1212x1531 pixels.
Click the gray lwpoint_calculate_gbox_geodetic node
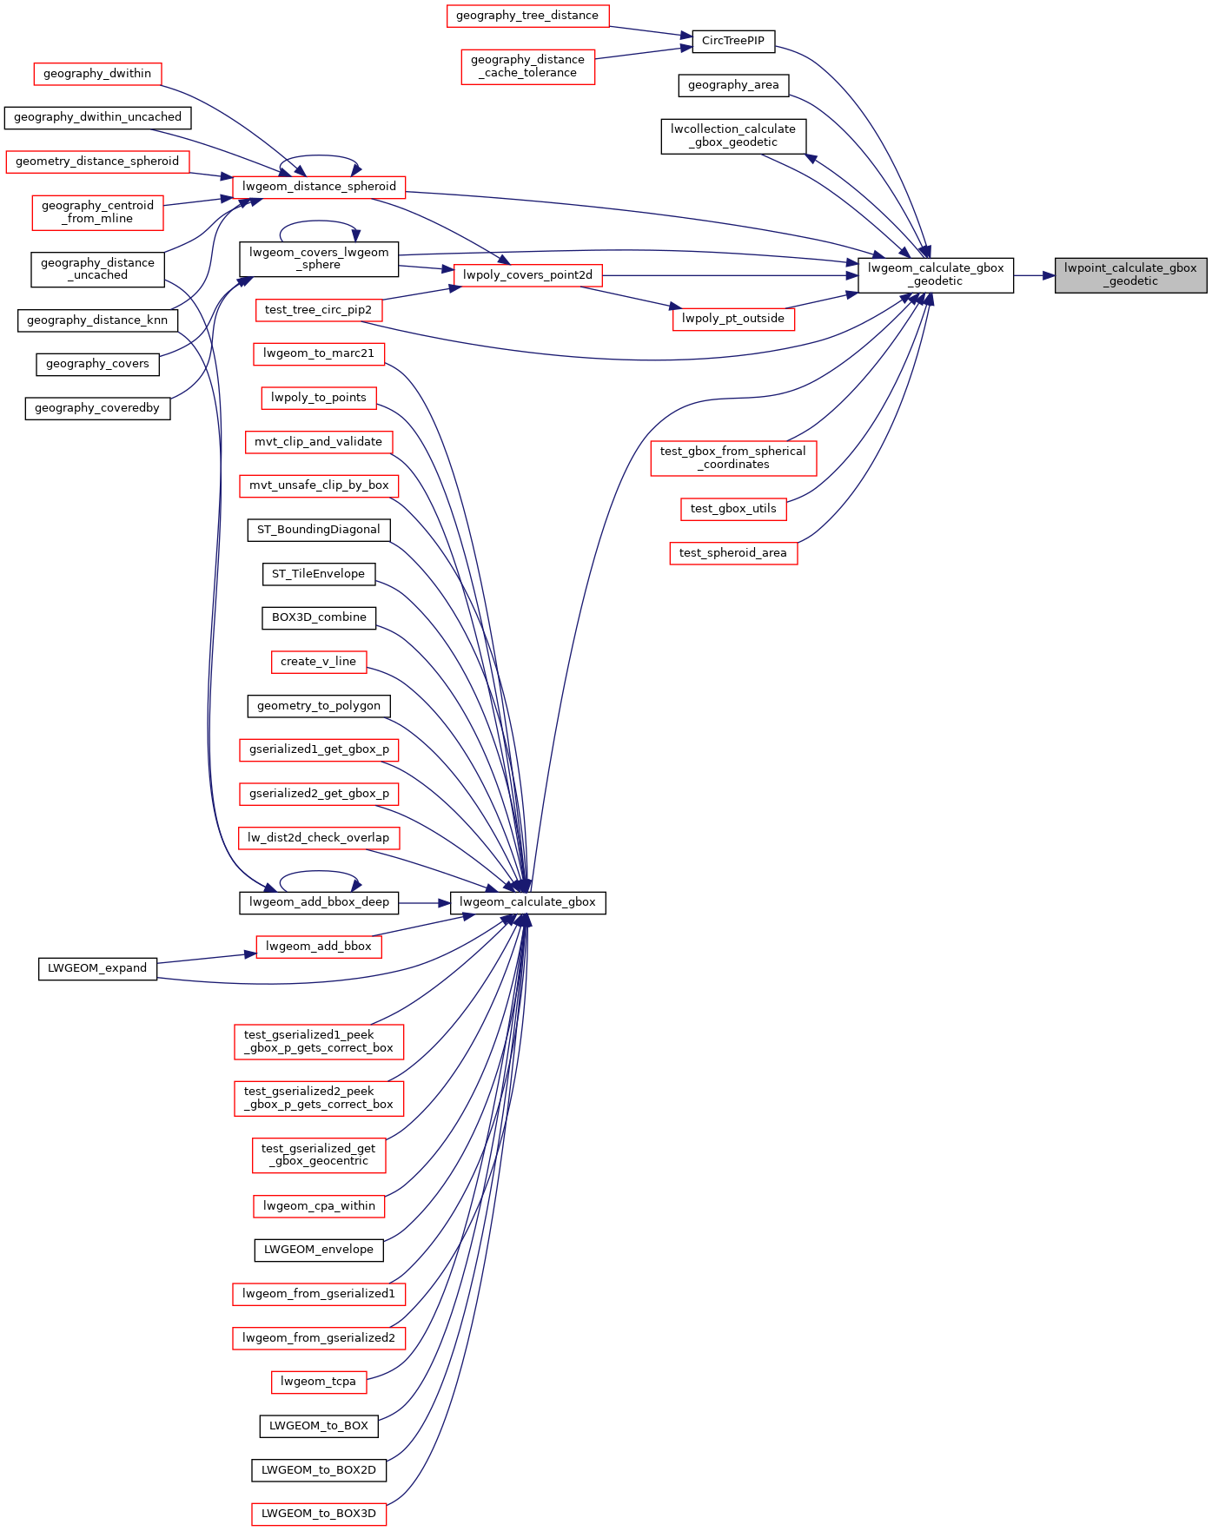tap(1130, 274)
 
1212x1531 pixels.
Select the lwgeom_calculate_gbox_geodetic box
tap(936, 274)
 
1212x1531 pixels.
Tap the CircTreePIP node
tap(733, 41)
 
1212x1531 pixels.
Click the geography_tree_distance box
tap(527, 16)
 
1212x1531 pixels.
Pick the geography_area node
tap(733, 85)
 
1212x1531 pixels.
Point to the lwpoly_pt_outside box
tap(733, 319)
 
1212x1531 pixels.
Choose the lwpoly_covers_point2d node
tap(527, 275)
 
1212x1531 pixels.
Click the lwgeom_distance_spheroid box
tap(319, 187)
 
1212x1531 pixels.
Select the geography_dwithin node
tap(97, 74)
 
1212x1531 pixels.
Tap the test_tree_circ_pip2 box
tap(318, 310)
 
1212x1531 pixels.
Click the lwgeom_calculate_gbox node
tap(527, 902)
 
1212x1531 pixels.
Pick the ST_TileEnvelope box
tap(319, 574)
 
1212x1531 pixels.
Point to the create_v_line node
tap(319, 662)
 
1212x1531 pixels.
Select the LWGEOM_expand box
tap(97, 968)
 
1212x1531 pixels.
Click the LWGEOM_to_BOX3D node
tap(319, 1514)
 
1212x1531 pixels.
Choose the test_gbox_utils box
tap(733, 509)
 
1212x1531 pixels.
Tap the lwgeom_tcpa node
tap(319, 1382)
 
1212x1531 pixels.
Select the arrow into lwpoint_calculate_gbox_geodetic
tap(1034, 275)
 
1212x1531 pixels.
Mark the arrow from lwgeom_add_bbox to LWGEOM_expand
tap(207, 958)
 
